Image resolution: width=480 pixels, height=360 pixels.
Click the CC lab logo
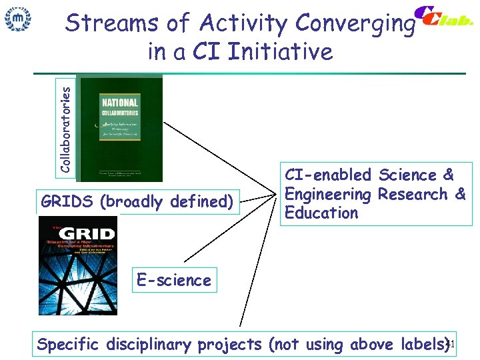coord(443,18)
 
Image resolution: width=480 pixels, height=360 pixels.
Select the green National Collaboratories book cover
coord(119,127)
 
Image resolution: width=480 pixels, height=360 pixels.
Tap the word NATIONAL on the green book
coord(119,103)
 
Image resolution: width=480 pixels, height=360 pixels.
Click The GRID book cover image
coord(77,266)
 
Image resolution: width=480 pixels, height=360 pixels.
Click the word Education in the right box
coord(321,213)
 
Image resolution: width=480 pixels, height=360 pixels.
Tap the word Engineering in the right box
coord(327,195)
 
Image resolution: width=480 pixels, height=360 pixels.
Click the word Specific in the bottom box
coord(68,345)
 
